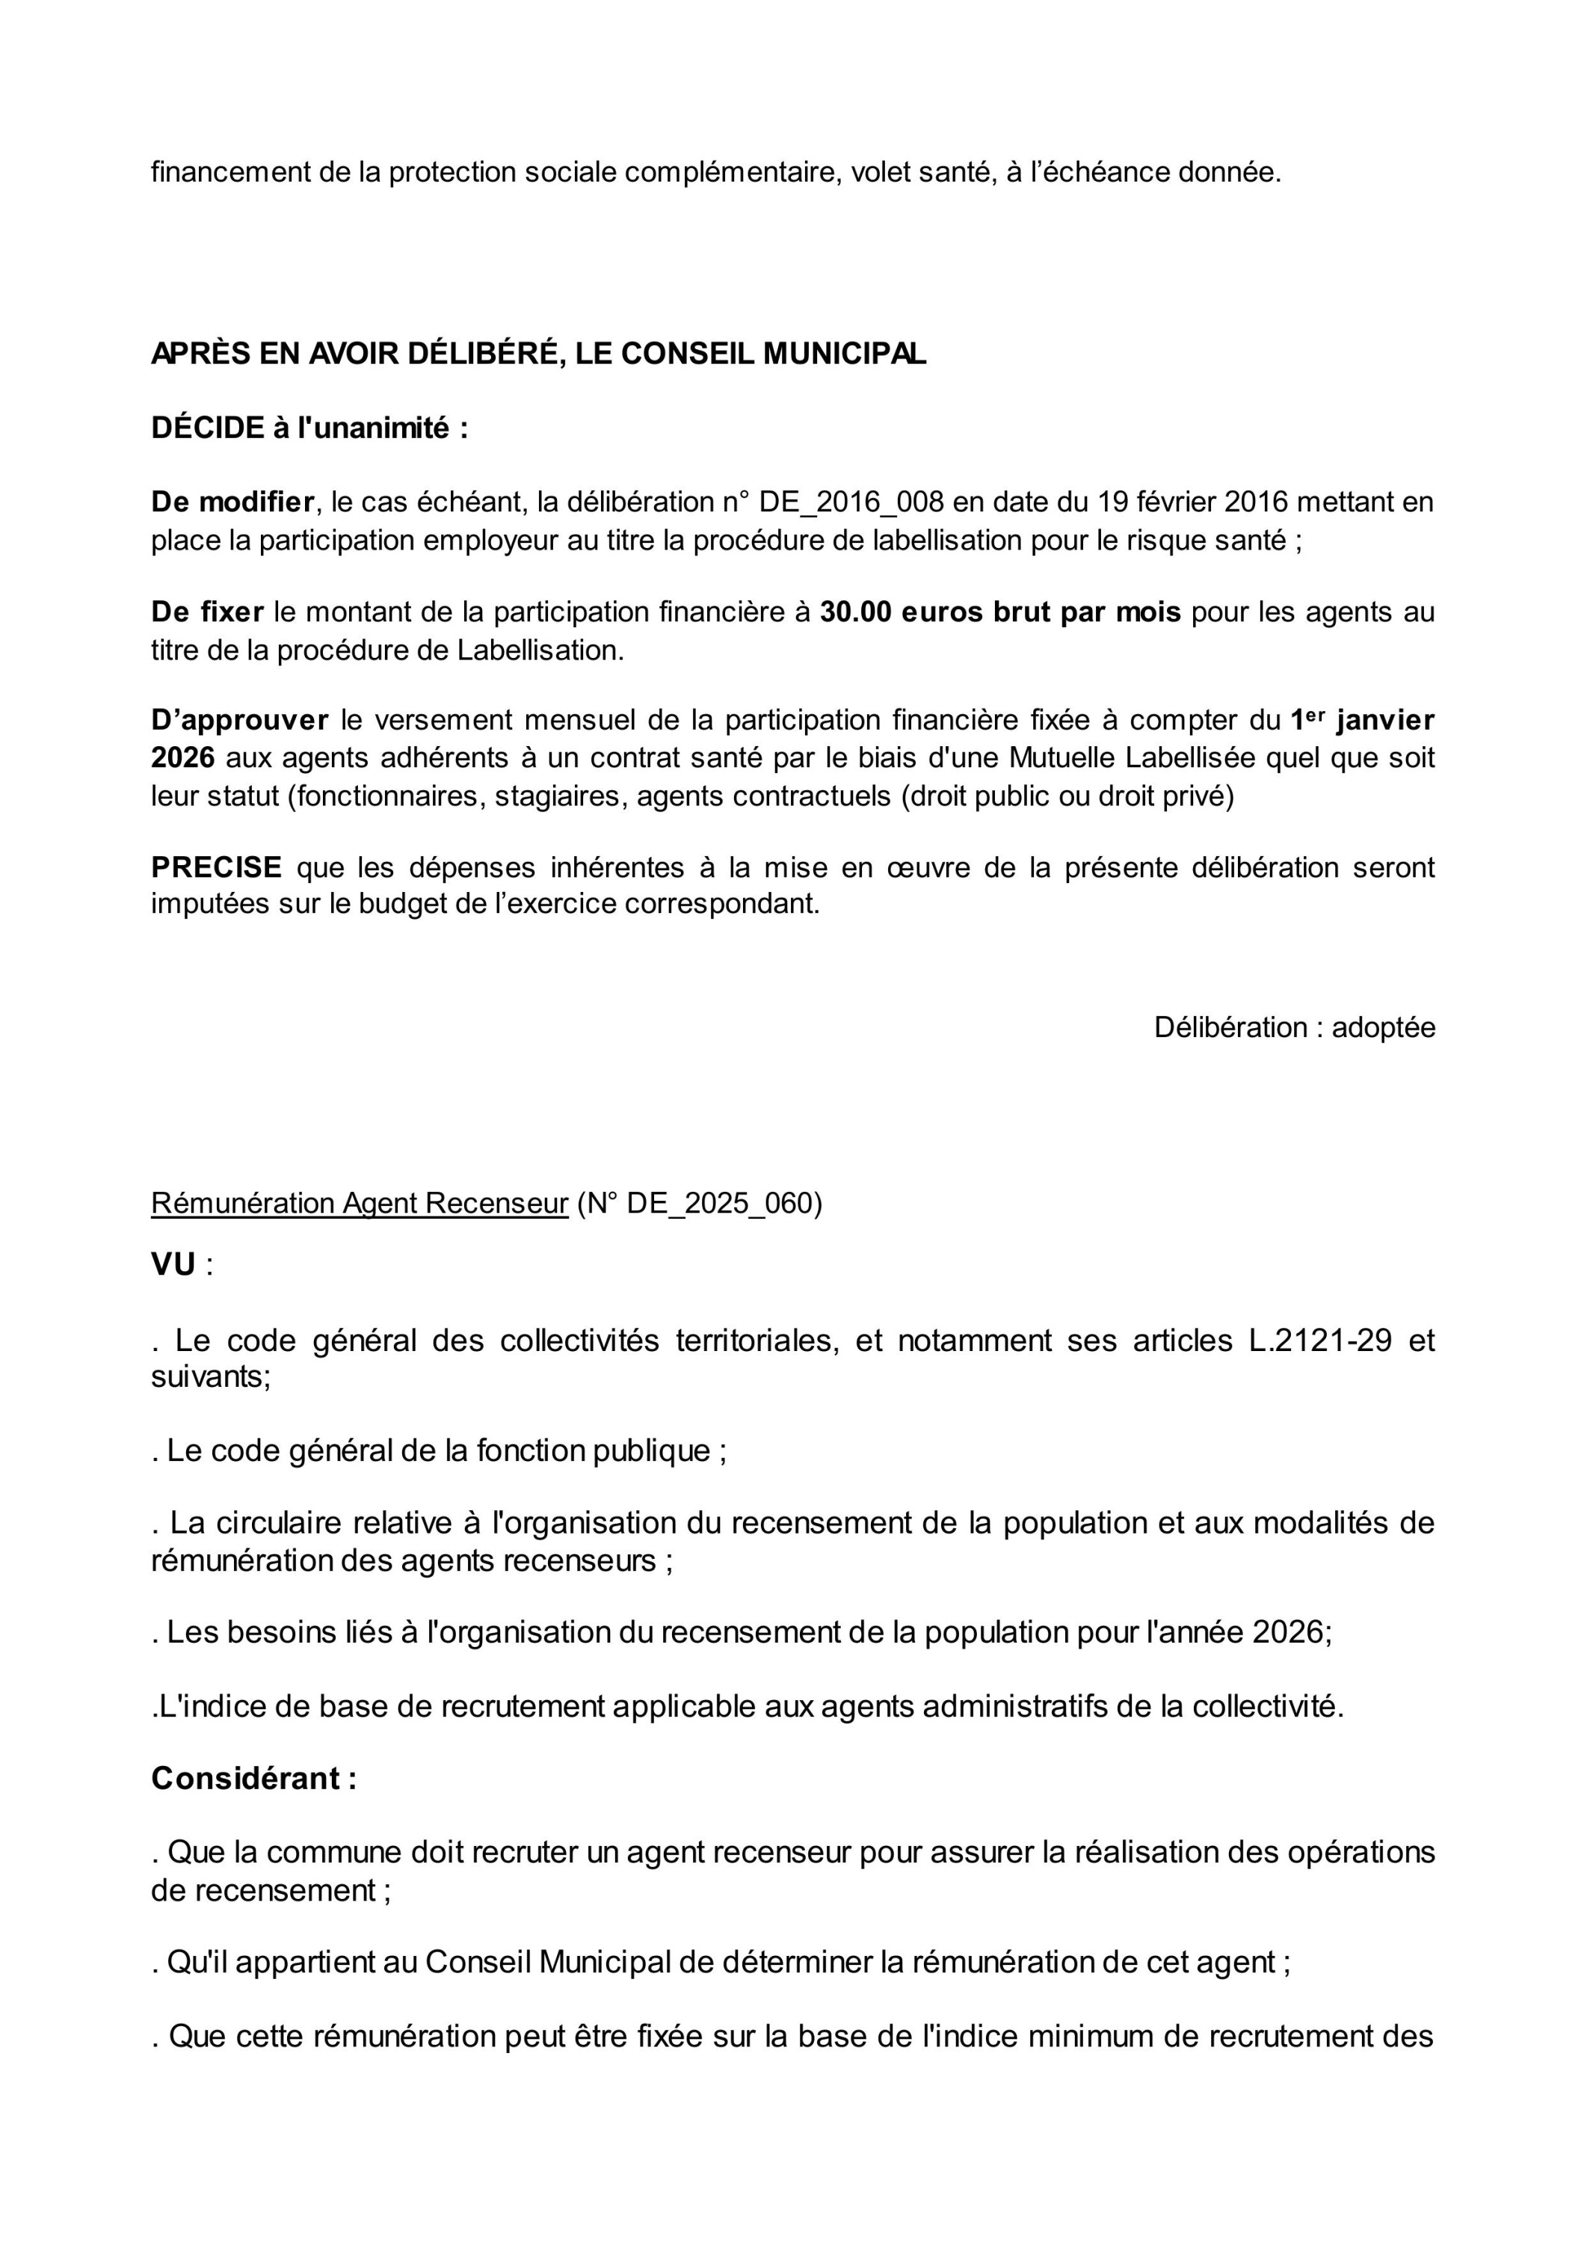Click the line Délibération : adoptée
(x=1294, y=1027)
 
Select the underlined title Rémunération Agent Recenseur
(x=359, y=1203)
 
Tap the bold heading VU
(x=173, y=1265)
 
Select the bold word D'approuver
(x=239, y=721)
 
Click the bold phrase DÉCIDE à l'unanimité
(x=309, y=428)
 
